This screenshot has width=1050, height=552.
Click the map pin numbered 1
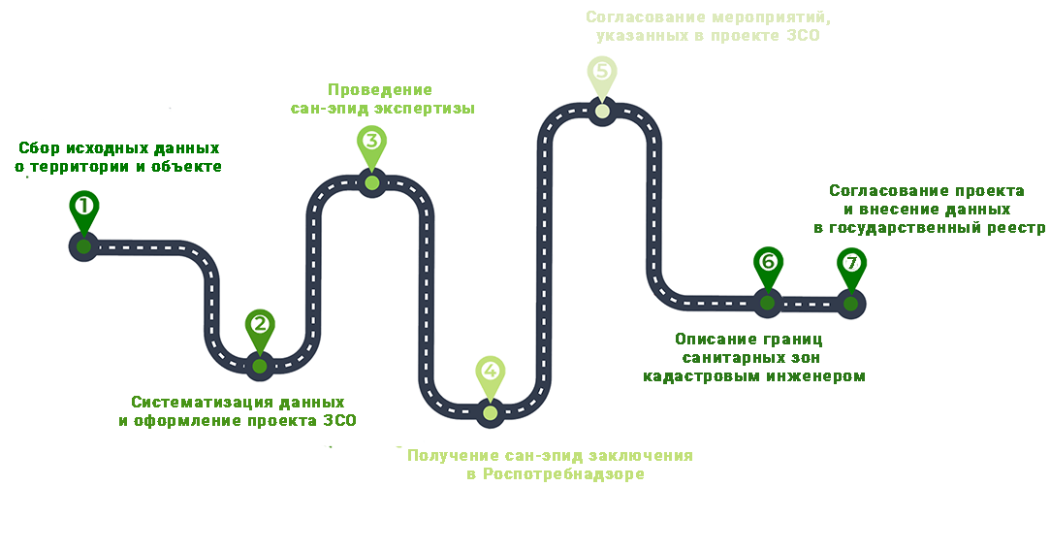coord(84,207)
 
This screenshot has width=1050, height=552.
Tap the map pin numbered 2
coord(259,325)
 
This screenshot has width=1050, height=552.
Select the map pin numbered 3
coord(371,141)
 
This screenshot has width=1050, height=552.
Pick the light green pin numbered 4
coord(490,372)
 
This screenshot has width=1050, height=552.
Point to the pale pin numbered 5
coord(601,72)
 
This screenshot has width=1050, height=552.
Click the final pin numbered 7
coord(851,263)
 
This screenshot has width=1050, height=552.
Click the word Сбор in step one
coord(40,149)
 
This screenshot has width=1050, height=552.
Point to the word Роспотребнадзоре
coord(563,474)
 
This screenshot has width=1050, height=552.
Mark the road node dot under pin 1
coord(84,245)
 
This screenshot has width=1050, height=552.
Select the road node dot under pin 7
coord(851,304)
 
